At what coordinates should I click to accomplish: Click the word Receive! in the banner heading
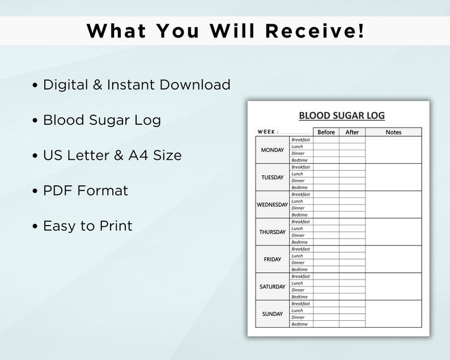pyautogui.click(x=315, y=31)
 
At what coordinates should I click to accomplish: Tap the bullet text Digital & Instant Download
pyautogui.click(x=137, y=85)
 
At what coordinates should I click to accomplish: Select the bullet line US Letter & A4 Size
pyautogui.click(x=112, y=155)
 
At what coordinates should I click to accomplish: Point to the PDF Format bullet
pyautogui.click(x=86, y=190)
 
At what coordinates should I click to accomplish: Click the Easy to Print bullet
pyautogui.click(x=88, y=226)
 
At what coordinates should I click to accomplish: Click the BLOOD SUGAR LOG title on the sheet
pyautogui.click(x=342, y=116)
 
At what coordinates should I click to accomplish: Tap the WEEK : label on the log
pyautogui.click(x=268, y=132)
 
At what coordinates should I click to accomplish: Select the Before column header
pyautogui.click(x=326, y=132)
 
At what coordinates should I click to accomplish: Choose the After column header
pyautogui.click(x=352, y=132)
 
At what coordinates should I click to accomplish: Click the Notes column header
pyautogui.click(x=393, y=132)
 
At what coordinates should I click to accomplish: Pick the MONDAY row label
pyautogui.click(x=273, y=150)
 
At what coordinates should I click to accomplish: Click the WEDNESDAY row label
pyautogui.click(x=273, y=205)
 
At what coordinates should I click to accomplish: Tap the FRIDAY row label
pyautogui.click(x=273, y=259)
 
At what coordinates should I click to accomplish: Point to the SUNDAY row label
pyautogui.click(x=273, y=314)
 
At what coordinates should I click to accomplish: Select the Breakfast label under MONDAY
pyautogui.click(x=300, y=139)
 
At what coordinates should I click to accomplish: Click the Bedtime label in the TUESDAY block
pyautogui.click(x=299, y=188)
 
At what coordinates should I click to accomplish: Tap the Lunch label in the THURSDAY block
pyautogui.click(x=297, y=228)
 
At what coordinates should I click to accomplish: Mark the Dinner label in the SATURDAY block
pyautogui.click(x=298, y=290)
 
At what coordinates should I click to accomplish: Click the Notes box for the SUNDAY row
pyautogui.click(x=393, y=314)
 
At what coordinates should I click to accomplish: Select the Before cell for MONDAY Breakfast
pyautogui.click(x=326, y=139)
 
